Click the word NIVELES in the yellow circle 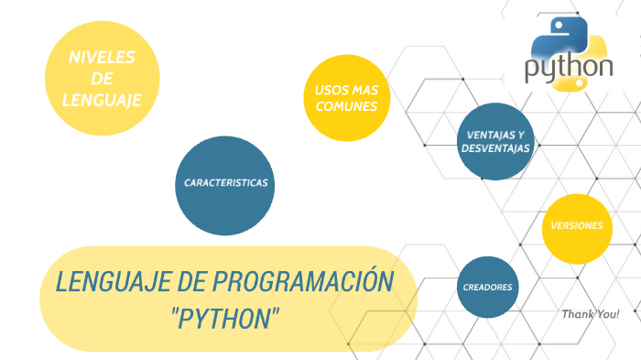click(x=102, y=57)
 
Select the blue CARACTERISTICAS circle click(x=225, y=183)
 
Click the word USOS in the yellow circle click(x=331, y=90)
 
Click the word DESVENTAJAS click(x=495, y=147)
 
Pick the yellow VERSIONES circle click(x=577, y=225)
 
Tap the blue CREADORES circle click(x=487, y=287)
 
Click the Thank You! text click(x=591, y=314)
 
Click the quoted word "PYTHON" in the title click(x=225, y=319)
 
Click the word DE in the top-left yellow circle click(x=103, y=79)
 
